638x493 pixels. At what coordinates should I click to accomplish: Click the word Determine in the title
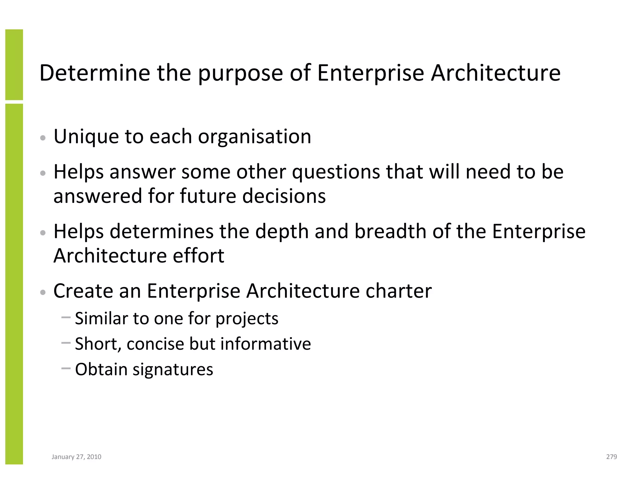tap(95, 73)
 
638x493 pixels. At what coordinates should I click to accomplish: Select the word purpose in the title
tap(240, 74)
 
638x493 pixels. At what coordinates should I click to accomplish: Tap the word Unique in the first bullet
tap(86, 137)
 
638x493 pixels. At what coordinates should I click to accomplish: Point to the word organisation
tap(255, 137)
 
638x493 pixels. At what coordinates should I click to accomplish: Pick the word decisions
tap(284, 196)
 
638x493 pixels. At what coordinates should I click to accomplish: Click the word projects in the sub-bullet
tap(247, 319)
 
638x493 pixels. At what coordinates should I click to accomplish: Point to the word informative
tap(265, 344)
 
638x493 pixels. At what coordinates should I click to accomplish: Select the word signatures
tap(173, 370)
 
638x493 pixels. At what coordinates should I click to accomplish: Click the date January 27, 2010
tap(76, 457)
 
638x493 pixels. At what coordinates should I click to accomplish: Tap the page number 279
tap(612, 457)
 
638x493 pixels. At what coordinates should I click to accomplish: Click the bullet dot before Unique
tap(43, 138)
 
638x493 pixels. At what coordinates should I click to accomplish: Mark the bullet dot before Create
tap(43, 292)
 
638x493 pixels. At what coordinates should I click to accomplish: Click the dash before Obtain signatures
tap(66, 368)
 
